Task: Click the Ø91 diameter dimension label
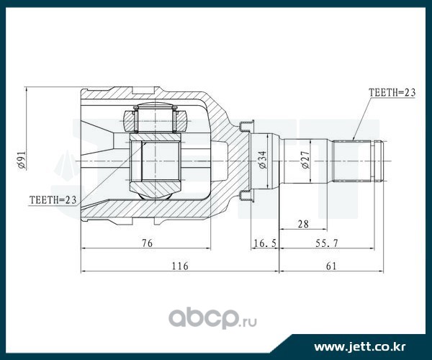[22, 160]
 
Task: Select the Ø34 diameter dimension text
[263, 160]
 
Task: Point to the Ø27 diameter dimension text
[305, 160]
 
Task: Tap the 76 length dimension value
[147, 243]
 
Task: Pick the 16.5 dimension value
[265, 243]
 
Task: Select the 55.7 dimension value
[326, 243]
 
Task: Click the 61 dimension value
[331, 266]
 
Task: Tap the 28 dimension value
[303, 224]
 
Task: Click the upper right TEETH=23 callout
[392, 93]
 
